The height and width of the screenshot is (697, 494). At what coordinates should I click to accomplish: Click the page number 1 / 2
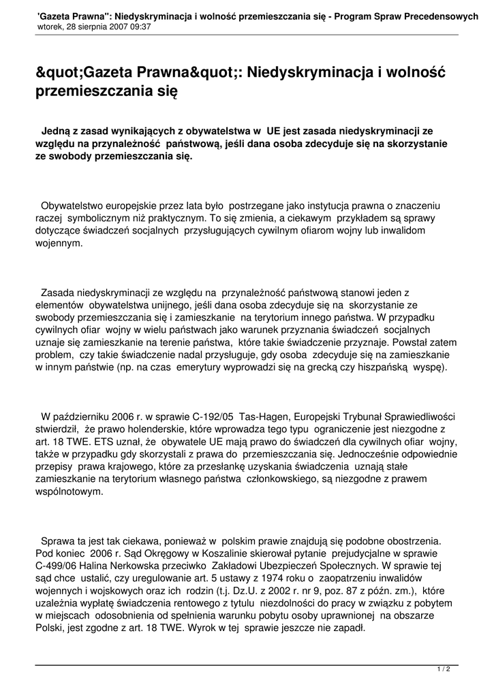444,669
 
